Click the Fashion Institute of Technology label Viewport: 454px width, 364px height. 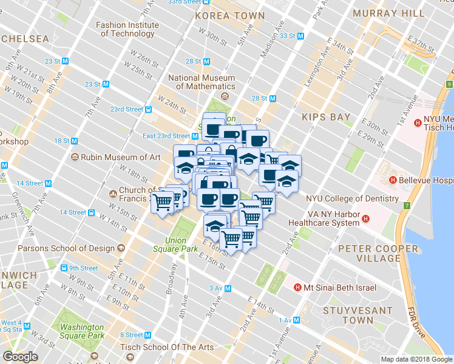(127, 29)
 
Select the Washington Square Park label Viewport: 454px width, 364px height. (82, 331)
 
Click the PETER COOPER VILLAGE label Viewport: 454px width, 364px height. (378, 253)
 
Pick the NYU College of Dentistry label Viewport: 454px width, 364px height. (352, 198)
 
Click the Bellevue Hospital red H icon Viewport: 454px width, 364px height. (393, 180)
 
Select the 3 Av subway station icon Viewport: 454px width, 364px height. (228, 288)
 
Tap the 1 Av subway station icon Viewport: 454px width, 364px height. (297, 320)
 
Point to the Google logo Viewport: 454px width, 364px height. (20, 357)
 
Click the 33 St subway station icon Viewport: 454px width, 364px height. (300, 36)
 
